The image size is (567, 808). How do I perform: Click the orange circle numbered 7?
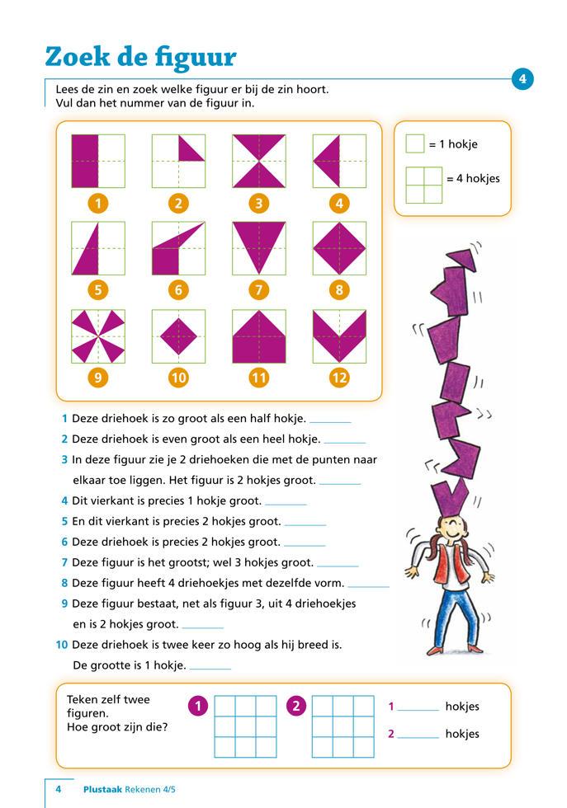tap(258, 289)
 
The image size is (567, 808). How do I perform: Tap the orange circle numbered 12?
tap(339, 378)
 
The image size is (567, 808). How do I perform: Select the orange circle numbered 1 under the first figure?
tap(98, 203)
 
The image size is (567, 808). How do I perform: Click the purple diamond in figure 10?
tap(178, 336)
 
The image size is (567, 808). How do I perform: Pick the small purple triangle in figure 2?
tap(191, 148)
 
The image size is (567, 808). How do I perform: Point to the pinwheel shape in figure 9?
tap(98, 336)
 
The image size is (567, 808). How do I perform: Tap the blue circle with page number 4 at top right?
tap(522, 79)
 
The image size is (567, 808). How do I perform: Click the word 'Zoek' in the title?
tap(78, 57)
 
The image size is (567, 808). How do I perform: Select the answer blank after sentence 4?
tap(286, 502)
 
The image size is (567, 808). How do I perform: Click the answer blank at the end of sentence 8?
tap(368, 584)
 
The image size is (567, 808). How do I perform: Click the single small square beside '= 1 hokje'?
tap(415, 144)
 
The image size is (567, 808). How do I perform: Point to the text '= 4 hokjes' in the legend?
tap(473, 178)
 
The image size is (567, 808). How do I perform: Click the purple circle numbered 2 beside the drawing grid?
tap(295, 706)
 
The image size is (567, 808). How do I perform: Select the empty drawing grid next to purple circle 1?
tap(245, 726)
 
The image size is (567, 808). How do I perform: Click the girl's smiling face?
tap(449, 528)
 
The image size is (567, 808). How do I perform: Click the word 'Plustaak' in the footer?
tap(102, 789)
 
